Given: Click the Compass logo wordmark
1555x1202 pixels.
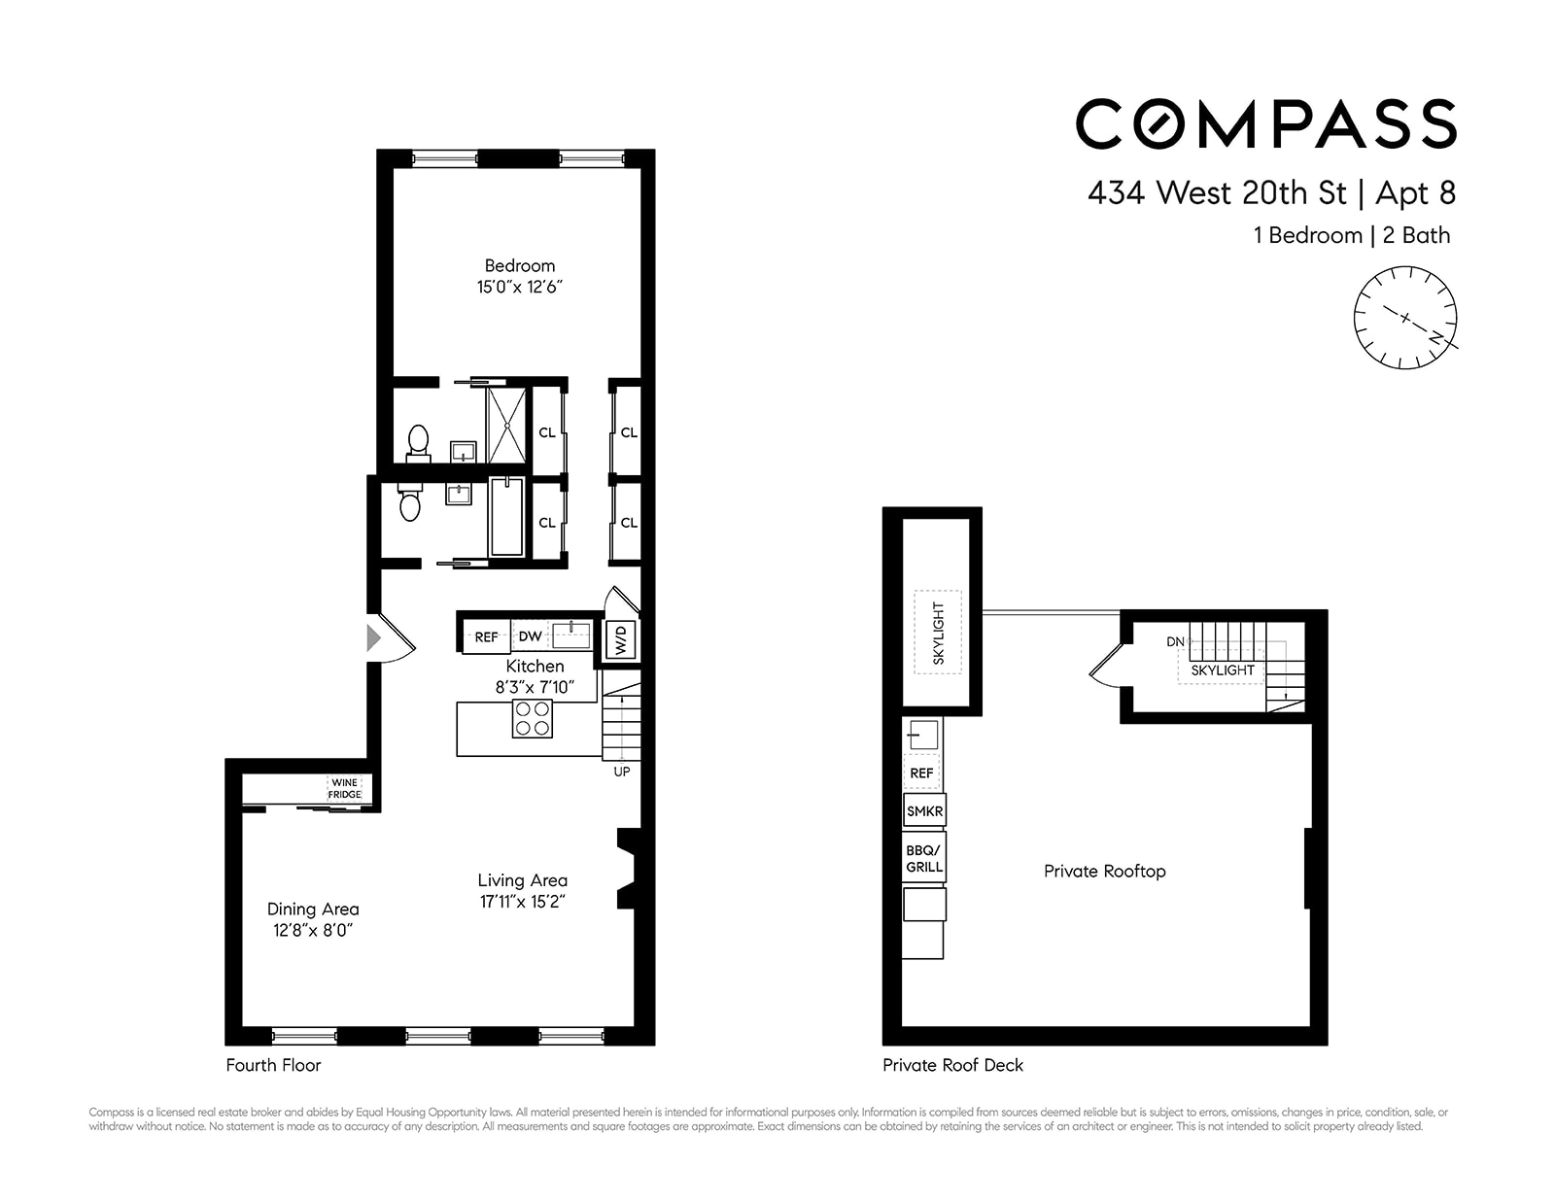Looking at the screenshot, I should pyautogui.click(x=1265, y=124).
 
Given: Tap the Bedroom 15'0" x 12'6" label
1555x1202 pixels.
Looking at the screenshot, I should pyautogui.click(x=520, y=276).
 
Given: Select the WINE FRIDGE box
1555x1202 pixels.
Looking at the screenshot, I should pyautogui.click(x=345, y=788).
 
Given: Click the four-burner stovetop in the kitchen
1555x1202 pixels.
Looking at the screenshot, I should pyautogui.click(x=533, y=718).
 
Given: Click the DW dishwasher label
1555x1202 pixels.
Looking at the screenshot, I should pyautogui.click(x=530, y=636).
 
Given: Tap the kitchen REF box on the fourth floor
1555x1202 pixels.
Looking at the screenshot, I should pyautogui.click(x=486, y=636).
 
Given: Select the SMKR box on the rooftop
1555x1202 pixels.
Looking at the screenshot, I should pyautogui.click(x=924, y=810).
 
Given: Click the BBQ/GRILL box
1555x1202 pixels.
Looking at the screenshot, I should pyautogui.click(x=924, y=858).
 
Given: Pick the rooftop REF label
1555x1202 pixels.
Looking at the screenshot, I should pyautogui.click(x=921, y=773).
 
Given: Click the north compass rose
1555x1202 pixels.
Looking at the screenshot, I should pyautogui.click(x=1405, y=318).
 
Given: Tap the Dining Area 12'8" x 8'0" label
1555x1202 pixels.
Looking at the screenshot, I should pyautogui.click(x=313, y=919).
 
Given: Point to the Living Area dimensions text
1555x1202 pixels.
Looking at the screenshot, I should pyautogui.click(x=523, y=902).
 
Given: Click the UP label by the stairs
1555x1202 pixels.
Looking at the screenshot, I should pyautogui.click(x=622, y=772).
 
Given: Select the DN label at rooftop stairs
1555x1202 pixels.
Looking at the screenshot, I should pyautogui.click(x=1175, y=642).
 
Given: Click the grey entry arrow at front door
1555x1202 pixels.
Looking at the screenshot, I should pyautogui.click(x=373, y=638).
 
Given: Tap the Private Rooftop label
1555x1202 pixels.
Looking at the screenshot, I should pyautogui.click(x=1104, y=871).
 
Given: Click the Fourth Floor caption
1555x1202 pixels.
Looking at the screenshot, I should pyautogui.click(x=273, y=1065).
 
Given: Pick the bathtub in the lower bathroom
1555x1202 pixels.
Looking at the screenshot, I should pyautogui.click(x=506, y=517).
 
